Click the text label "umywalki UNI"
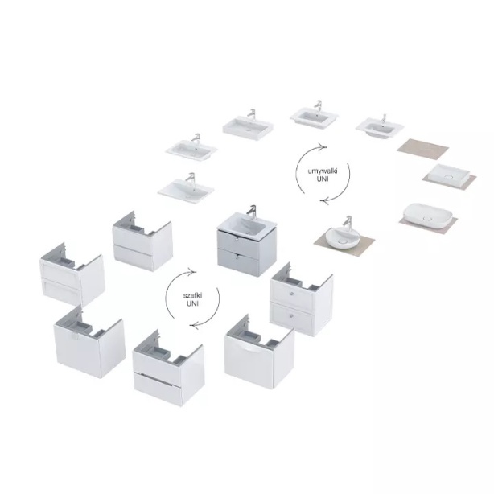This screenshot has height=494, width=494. point(323,175)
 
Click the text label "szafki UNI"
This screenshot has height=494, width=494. point(192,299)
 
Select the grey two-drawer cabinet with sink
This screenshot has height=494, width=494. point(247,242)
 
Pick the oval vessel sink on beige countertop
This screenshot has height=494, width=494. point(426,215)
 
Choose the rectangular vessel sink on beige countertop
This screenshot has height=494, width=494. point(449,176)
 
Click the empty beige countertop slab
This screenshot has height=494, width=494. point(423,146)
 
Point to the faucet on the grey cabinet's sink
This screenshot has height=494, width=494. point(252,211)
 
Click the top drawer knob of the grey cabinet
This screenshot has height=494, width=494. point(237,240)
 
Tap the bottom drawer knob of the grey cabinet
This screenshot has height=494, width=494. point(237,257)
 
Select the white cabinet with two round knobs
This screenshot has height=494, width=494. point(301,299)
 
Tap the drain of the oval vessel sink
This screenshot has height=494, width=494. point(427,218)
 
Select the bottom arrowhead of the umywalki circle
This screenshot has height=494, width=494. point(326,200)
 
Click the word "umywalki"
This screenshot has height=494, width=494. point(323,171)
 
